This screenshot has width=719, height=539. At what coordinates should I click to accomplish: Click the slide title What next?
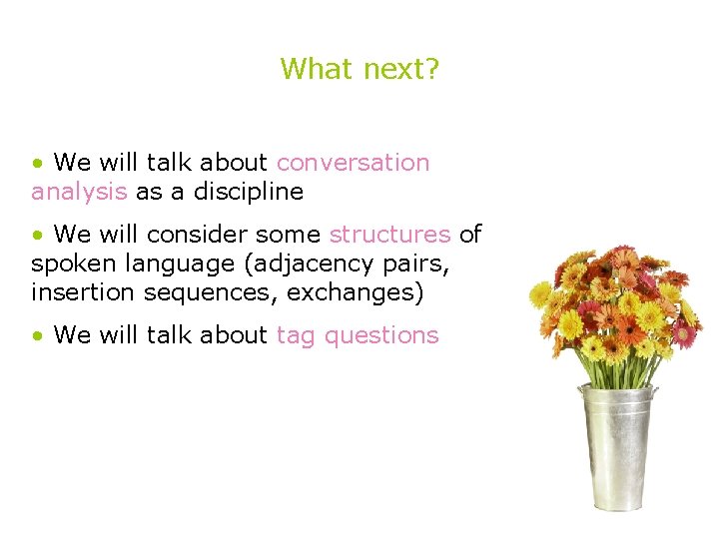tap(359, 69)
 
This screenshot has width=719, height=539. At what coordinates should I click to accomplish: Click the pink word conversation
tap(353, 163)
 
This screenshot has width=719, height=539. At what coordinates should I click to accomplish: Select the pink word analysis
tap(79, 191)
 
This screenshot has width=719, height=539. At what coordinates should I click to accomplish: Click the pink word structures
tap(389, 235)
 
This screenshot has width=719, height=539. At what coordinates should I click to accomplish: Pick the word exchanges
tap(350, 293)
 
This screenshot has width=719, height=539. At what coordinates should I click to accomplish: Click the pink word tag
tap(296, 335)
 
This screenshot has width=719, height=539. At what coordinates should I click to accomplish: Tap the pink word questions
tap(381, 335)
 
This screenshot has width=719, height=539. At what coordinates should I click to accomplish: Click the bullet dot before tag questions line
tap(37, 336)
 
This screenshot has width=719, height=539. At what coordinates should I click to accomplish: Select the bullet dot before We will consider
tap(37, 236)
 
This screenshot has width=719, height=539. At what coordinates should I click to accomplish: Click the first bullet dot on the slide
tap(37, 164)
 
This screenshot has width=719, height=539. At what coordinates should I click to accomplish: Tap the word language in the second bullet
tap(158, 265)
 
